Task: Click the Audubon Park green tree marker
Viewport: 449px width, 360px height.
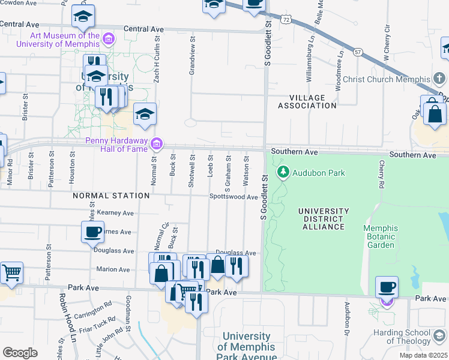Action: [283, 173]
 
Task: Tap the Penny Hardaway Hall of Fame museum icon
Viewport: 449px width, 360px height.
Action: [156, 144]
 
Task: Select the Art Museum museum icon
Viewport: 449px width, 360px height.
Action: [109, 40]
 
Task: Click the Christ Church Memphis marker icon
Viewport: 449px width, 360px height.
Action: [439, 79]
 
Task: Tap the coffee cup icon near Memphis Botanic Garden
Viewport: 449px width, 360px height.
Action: [387, 287]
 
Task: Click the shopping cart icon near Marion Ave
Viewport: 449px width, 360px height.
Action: [11, 272]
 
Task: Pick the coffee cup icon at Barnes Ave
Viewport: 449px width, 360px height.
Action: [93, 232]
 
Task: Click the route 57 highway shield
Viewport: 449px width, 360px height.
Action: [358, 52]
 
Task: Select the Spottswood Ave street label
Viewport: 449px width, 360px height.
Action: [234, 196]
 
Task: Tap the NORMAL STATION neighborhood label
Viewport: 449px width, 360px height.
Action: [111, 196]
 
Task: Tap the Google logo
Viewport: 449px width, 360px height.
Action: [20, 352]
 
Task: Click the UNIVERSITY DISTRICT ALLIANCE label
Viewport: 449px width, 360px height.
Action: [324, 219]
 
